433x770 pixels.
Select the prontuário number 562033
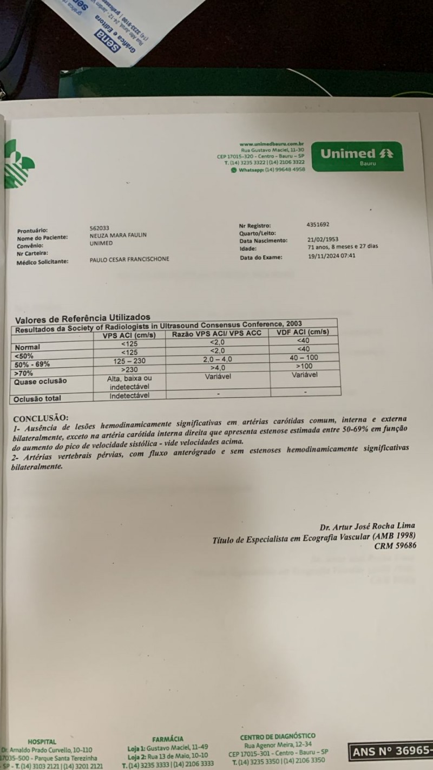click(x=100, y=229)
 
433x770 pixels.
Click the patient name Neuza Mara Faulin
click(x=118, y=236)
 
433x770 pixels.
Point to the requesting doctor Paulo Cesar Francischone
click(x=129, y=259)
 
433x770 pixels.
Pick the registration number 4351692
click(x=318, y=224)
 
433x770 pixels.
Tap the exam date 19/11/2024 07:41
click(x=331, y=257)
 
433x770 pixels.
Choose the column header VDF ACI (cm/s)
click(x=303, y=332)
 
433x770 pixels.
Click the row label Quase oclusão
click(x=41, y=381)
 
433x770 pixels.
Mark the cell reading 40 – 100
click(x=304, y=358)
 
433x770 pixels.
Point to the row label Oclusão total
click(x=38, y=399)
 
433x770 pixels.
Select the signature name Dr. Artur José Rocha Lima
click(x=368, y=526)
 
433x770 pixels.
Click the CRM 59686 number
click(x=395, y=545)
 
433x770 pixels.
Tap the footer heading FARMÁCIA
click(x=167, y=739)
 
